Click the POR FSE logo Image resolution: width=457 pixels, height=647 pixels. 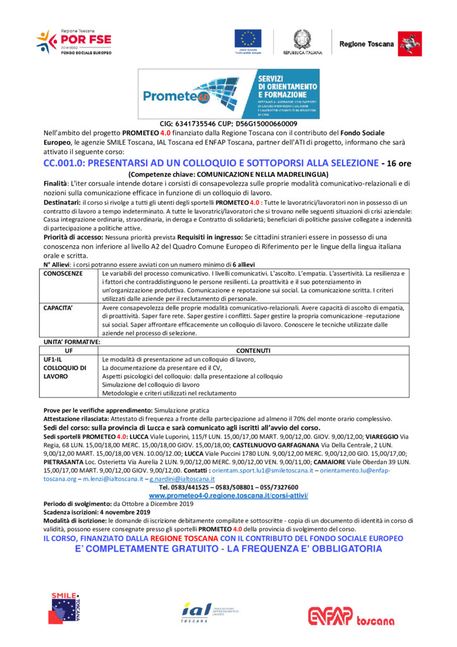pyautogui.click(x=74, y=42)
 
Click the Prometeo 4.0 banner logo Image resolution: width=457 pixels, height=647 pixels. pyautogui.click(x=228, y=94)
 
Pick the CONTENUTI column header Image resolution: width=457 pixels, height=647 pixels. pyautogui.click(x=253, y=350)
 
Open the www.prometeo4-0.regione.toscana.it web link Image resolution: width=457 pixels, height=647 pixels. pyautogui.click(x=228, y=495)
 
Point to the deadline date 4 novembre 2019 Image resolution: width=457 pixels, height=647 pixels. pyautogui.click(x=124, y=511)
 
